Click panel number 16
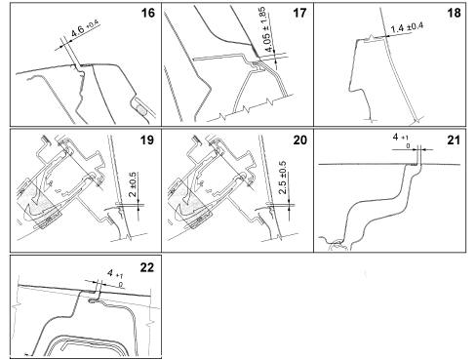click(x=147, y=13)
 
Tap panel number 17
click(x=299, y=13)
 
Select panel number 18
click(x=454, y=13)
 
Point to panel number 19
click(x=146, y=140)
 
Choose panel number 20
click(x=299, y=140)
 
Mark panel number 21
click(x=454, y=140)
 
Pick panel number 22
click(x=146, y=267)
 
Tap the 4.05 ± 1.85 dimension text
click(x=268, y=30)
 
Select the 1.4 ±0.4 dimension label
click(x=407, y=27)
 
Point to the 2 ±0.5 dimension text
click(x=133, y=184)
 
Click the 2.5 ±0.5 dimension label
click(x=283, y=178)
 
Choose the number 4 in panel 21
click(x=396, y=137)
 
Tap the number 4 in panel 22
click(x=110, y=272)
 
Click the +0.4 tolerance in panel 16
click(x=93, y=24)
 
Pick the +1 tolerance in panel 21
click(x=405, y=139)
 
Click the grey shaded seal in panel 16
click(x=141, y=109)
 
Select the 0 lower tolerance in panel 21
click(x=409, y=146)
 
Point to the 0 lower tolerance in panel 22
click(x=121, y=285)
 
